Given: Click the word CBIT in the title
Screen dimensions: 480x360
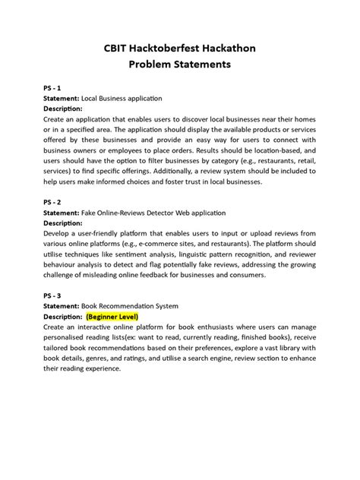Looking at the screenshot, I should point(118,49).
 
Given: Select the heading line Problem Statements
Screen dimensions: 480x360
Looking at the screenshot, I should point(179,65).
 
